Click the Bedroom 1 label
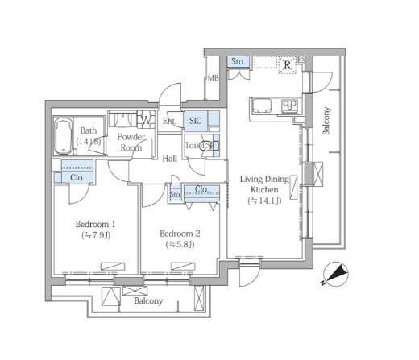click(96, 224)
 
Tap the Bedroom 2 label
click(180, 234)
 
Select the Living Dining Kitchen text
click(264, 184)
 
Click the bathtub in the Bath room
click(64, 137)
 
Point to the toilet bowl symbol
click(206, 146)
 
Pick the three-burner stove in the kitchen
click(289, 105)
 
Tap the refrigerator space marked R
click(288, 65)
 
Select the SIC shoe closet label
click(195, 121)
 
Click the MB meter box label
click(214, 78)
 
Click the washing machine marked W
click(146, 120)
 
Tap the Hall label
click(169, 159)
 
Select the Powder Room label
click(131, 143)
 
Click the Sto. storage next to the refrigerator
click(238, 62)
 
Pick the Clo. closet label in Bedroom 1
click(77, 177)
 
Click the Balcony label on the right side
click(326, 121)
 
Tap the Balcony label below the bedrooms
click(148, 301)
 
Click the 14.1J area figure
click(264, 201)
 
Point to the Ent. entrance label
click(170, 121)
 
